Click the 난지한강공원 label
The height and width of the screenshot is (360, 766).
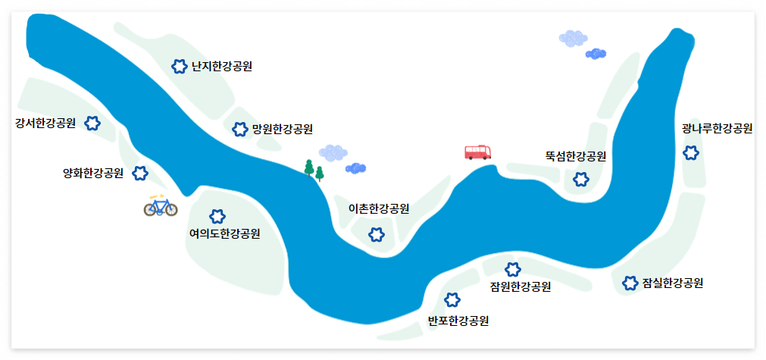222,67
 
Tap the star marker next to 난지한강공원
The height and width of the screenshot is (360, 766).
179,67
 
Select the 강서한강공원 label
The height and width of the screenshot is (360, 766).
45,123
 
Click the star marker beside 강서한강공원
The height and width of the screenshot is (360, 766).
92,124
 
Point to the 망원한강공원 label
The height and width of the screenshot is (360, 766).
283,129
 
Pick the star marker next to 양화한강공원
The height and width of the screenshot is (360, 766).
140,174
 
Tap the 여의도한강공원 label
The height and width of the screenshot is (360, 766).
224,233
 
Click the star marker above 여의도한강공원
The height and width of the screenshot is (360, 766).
217,217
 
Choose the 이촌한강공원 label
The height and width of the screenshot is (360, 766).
379,208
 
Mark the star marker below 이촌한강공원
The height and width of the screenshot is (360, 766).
377,234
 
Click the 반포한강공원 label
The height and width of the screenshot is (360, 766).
458,320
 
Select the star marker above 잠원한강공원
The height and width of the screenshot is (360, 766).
513,269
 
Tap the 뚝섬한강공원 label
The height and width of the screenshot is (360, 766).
576,157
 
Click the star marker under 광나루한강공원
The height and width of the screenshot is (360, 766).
691,153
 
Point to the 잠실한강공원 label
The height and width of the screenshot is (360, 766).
673,283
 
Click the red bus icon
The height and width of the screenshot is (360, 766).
478,152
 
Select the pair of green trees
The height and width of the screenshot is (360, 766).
314,171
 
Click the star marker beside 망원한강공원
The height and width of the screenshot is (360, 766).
239,130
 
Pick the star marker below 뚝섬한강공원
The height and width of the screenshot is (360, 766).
581,180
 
